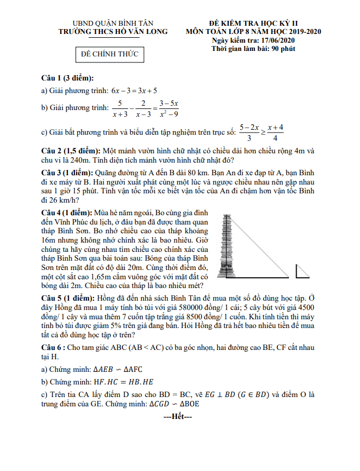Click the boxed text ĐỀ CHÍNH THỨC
109,54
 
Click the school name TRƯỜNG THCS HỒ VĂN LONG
113,32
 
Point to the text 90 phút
280,49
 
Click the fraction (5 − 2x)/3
249,132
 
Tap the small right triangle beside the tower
302,272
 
